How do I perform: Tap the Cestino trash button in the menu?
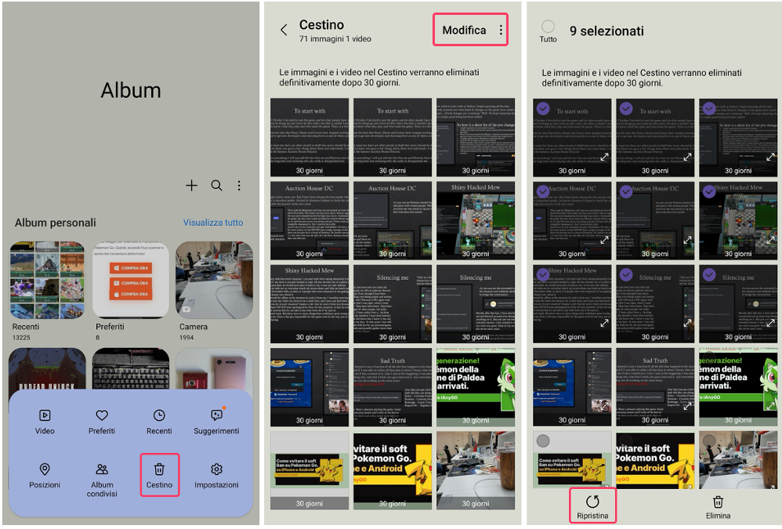pos(159,474)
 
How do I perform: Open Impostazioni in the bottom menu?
pos(216,474)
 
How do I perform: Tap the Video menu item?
pos(45,421)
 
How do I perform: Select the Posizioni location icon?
pos(45,469)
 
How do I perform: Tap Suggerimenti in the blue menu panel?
pos(216,421)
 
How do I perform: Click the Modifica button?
pos(464,31)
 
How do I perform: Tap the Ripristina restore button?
pos(592,505)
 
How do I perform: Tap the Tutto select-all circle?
pos(548,27)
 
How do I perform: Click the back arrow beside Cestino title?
pos(284,31)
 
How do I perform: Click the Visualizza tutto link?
pos(213,223)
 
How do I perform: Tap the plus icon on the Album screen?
pos(191,186)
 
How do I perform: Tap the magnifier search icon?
pos(216,186)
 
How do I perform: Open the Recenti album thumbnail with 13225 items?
pos(48,280)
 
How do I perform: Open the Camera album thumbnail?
pos(213,280)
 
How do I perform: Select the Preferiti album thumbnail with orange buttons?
pos(131,280)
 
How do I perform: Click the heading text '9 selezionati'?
pos(606,31)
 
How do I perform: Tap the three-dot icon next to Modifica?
pos(501,31)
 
